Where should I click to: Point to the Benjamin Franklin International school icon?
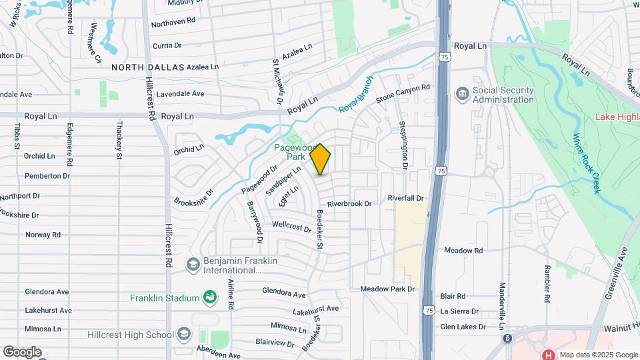pyautogui.click(x=193, y=265)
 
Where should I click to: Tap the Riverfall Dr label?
pyautogui.click(x=405, y=199)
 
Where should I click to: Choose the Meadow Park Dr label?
pyautogui.click(x=387, y=289)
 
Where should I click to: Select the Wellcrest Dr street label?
pyautogui.click(x=291, y=227)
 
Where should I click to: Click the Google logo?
pyautogui.click(x=22, y=351)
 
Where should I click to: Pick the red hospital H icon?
pyautogui.click(x=550, y=355)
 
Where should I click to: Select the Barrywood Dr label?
pyautogui.click(x=255, y=221)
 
